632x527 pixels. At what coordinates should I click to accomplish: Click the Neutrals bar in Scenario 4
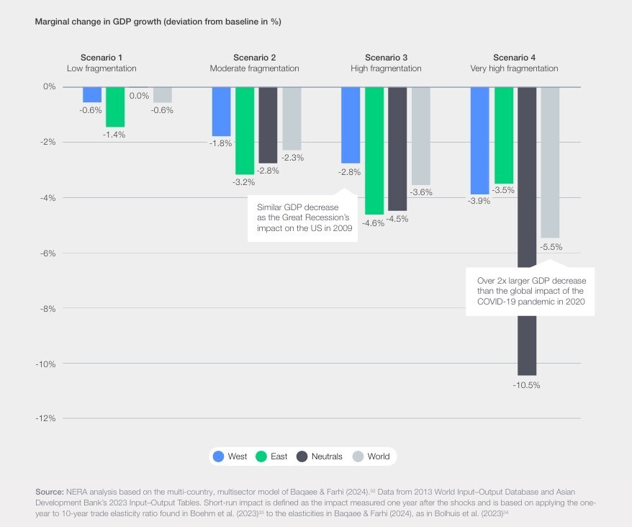pos(527,230)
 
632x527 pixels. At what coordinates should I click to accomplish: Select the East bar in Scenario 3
pos(374,150)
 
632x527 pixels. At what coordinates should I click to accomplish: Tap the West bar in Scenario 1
pos(92,94)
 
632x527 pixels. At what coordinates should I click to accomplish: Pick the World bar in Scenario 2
pos(292,118)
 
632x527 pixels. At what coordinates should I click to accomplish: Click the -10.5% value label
pos(527,385)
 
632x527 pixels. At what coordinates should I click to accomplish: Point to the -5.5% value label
pos(550,247)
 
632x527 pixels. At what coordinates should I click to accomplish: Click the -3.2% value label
pos(245,183)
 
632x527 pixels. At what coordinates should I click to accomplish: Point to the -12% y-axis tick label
pos(45,419)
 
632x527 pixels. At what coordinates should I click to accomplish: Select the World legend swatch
pos(358,456)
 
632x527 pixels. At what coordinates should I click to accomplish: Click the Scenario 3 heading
pos(386,58)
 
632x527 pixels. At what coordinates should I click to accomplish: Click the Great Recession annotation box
pos(302,218)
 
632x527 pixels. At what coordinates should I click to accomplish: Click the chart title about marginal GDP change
pos(158,22)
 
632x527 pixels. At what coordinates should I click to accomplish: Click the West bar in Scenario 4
pos(480,140)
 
